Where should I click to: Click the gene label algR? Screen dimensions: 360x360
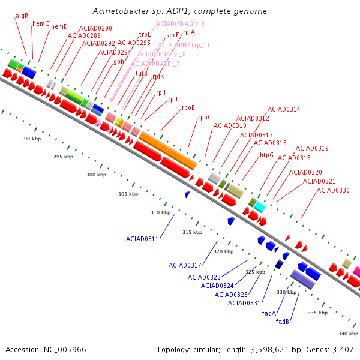(x=22, y=16)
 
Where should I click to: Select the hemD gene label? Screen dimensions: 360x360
(x=59, y=26)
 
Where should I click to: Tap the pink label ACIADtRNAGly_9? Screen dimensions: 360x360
(x=180, y=23)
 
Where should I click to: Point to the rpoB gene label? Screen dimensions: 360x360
(x=188, y=107)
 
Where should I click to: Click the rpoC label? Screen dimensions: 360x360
(x=205, y=118)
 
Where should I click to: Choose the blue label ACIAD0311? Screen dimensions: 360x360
(x=142, y=239)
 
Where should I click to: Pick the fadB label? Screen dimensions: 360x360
(x=282, y=322)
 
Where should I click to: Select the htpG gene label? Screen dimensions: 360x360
(x=266, y=155)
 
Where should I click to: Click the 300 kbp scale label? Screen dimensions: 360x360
(x=96, y=175)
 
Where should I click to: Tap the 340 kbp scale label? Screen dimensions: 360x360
(x=348, y=334)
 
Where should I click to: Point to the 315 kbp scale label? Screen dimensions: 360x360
(x=193, y=232)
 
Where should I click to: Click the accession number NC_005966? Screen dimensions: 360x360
(x=65, y=349)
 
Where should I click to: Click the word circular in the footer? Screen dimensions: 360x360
(x=205, y=349)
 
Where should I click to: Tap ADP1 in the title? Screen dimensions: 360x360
(x=178, y=11)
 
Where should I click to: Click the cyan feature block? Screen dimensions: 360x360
(x=260, y=207)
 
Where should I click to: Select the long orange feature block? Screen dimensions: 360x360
(x=168, y=151)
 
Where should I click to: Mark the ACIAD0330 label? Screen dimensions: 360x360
(x=333, y=190)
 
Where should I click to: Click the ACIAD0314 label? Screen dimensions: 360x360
(x=284, y=109)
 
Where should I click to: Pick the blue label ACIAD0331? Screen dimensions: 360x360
(x=244, y=303)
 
